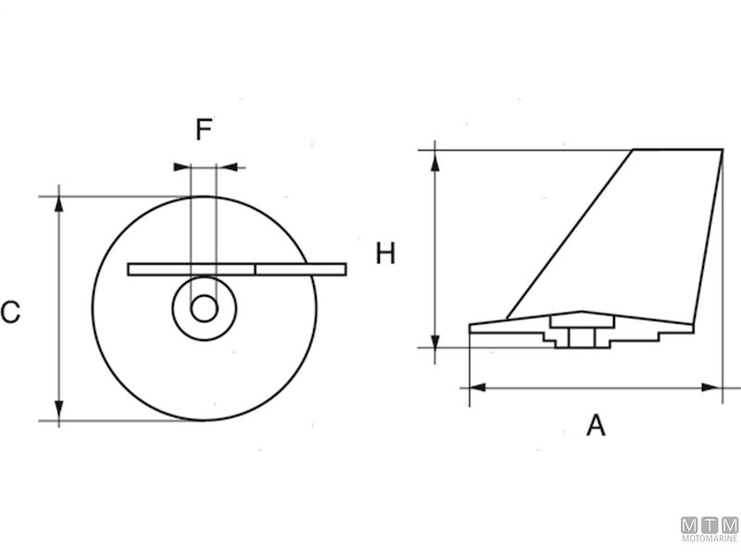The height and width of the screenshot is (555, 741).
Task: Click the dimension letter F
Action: coord(204,129)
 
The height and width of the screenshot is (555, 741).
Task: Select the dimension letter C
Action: coord(10,313)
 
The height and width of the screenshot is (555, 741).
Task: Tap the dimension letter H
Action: coord(385,253)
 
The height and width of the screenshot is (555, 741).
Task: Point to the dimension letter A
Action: coord(596,425)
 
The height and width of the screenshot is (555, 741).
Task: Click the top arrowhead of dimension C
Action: coord(59,203)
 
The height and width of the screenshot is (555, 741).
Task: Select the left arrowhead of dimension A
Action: coord(478,388)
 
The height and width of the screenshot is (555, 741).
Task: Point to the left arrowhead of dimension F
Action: coord(182,167)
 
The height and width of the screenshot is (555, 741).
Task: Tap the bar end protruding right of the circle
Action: coord(331,269)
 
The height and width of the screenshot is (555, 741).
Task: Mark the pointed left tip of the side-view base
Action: coord(472,327)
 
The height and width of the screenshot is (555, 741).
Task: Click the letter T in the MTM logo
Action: coord(710,524)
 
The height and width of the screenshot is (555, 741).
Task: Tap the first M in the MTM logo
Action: coord(691,524)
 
